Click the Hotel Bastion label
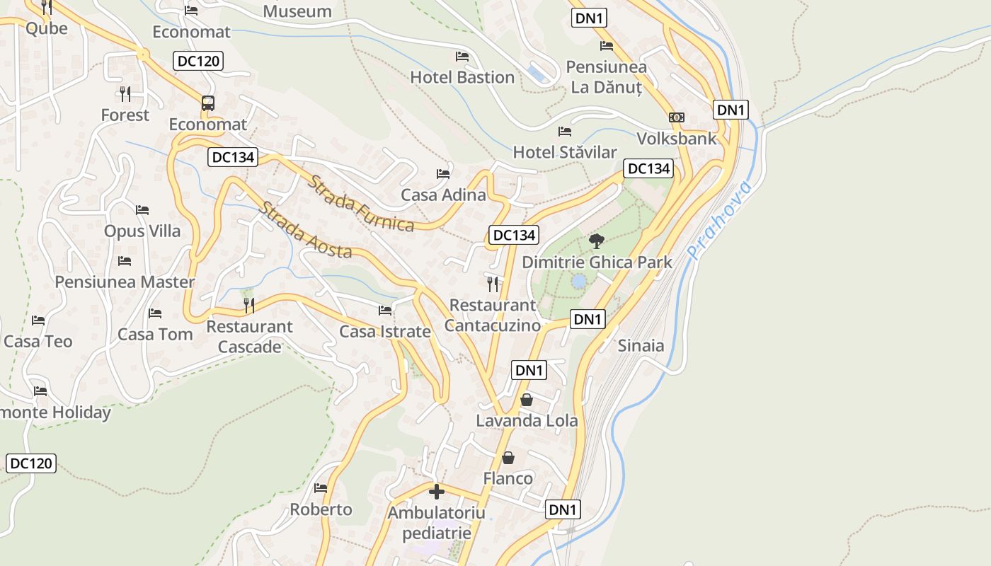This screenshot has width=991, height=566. (462, 77)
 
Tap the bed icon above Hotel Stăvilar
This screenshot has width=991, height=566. (565, 131)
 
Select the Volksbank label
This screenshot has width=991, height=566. (677, 139)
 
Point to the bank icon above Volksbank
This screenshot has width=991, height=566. (677, 117)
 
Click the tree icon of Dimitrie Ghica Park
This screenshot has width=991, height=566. (597, 241)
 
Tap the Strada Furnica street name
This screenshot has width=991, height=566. (361, 203)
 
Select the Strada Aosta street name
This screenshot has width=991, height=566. (306, 230)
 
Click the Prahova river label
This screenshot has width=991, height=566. (719, 219)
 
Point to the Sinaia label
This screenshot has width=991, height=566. (641, 345)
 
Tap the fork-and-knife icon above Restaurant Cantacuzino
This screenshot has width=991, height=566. (493, 284)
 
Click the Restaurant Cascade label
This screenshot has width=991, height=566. (249, 336)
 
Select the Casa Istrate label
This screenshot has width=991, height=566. (384, 332)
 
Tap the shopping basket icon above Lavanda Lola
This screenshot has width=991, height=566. (527, 400)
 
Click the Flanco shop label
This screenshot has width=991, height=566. (508, 479)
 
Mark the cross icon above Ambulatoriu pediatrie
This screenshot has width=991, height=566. (437, 491)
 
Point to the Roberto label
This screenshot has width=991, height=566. (321, 509)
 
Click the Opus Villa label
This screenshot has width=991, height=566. (142, 231)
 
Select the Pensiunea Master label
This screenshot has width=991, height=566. (125, 282)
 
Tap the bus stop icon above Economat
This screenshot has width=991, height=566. (208, 103)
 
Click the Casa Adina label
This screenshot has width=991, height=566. (443, 195)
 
